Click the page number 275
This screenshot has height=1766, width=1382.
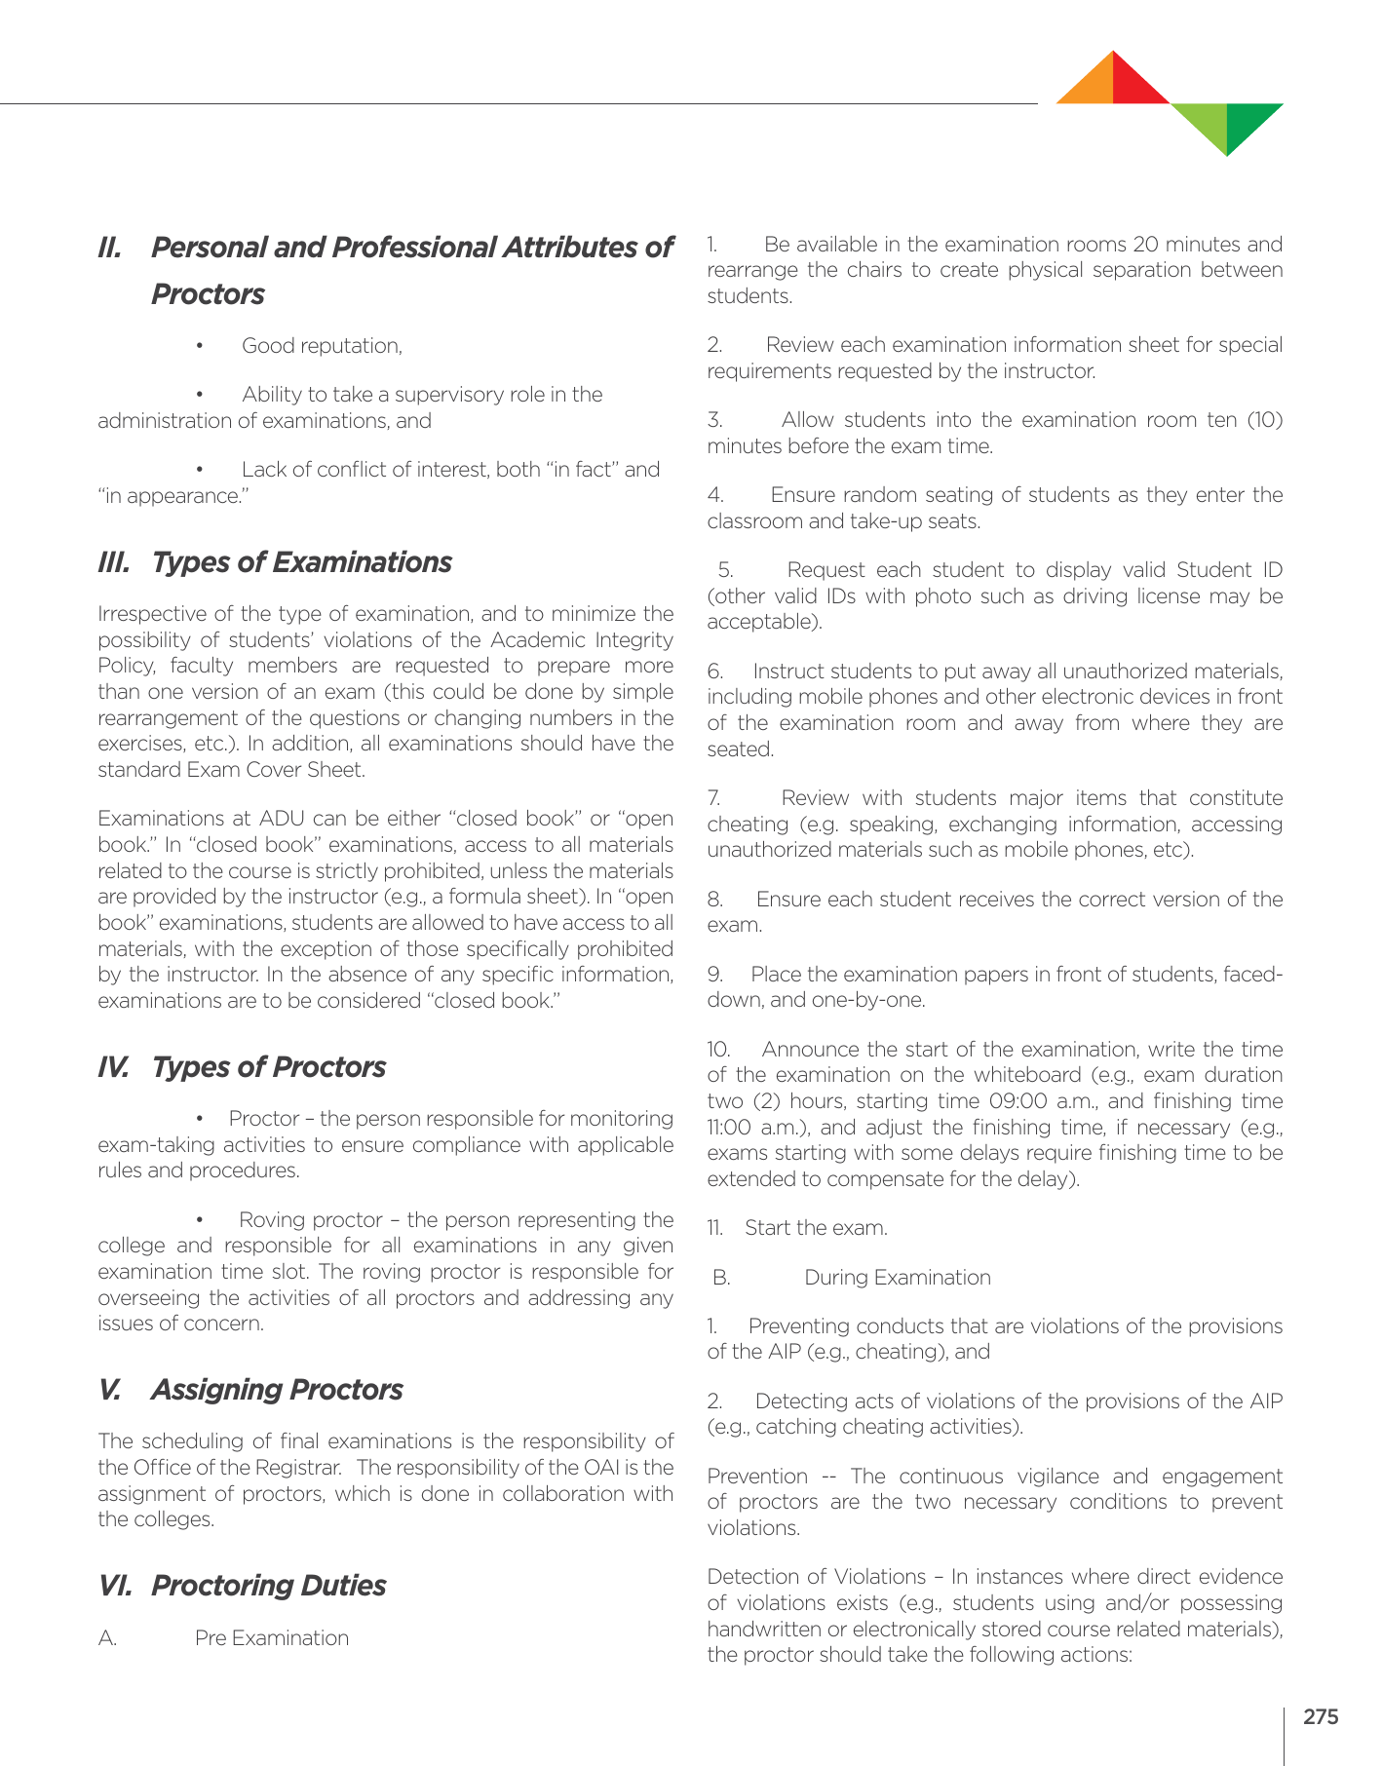click(x=1321, y=1717)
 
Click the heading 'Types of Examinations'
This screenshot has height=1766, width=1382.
click(x=301, y=562)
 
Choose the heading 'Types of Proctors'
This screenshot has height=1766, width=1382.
click(x=268, y=1067)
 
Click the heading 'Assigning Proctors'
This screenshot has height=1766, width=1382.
click(x=277, y=1390)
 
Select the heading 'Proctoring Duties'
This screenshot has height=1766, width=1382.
click(x=268, y=1586)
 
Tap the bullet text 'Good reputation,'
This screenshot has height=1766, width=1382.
click(x=322, y=346)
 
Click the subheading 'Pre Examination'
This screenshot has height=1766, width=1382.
click(x=271, y=1638)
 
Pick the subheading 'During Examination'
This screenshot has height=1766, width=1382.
click(x=897, y=1278)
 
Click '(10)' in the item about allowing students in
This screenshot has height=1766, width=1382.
click(x=1264, y=420)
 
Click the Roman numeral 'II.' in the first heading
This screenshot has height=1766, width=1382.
click(x=110, y=248)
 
